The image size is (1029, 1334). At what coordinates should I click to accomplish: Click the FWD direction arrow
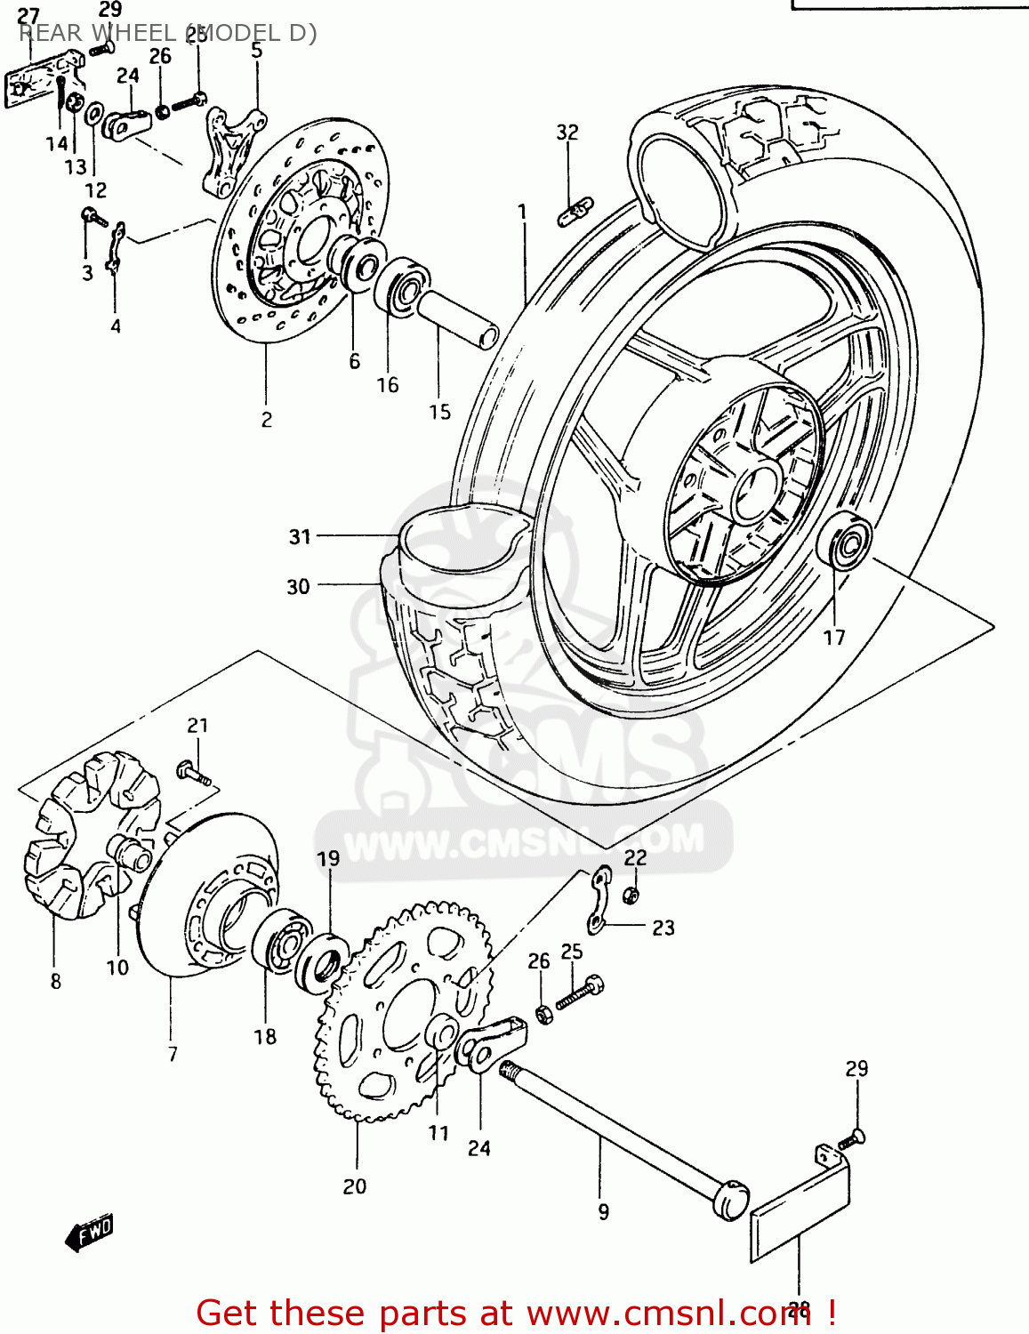coord(90,1234)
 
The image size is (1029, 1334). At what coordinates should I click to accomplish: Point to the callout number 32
coord(567,133)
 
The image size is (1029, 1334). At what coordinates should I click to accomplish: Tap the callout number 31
coord(300,536)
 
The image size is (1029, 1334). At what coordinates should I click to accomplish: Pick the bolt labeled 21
coord(195,773)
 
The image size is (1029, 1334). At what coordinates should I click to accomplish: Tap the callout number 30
coord(298,586)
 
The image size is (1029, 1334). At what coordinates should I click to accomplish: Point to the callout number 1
coord(522,212)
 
